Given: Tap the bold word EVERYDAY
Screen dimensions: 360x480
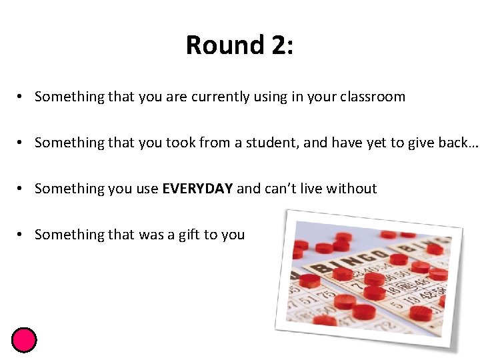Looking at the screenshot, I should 197,189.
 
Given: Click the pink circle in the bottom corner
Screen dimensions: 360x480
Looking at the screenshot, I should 24,340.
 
